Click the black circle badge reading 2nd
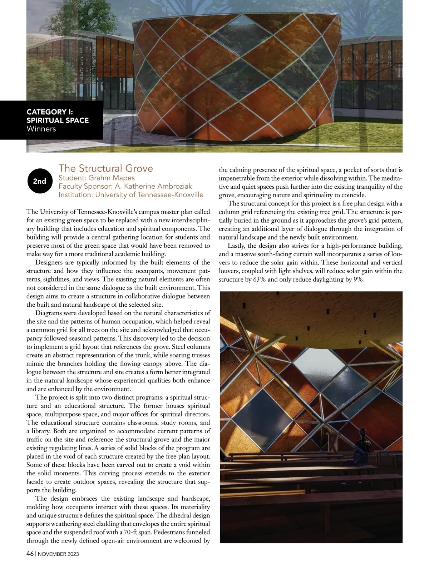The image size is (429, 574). (40, 181)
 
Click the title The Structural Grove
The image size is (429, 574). (105, 168)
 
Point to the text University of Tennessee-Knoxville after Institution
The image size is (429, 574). (153, 195)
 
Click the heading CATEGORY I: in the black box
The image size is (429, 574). (50, 112)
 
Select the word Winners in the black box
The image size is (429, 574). (41, 129)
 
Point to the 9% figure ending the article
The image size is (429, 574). (359, 279)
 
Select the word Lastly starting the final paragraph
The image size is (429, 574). (236, 246)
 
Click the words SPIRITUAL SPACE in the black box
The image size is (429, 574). (58, 120)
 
